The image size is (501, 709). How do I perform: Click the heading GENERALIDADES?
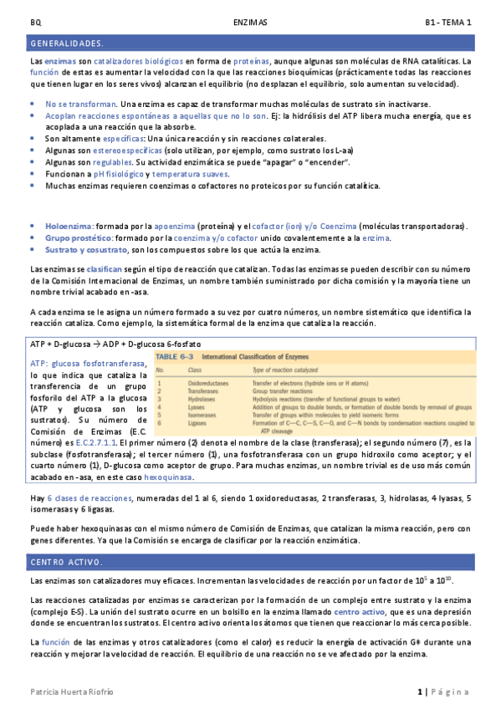coord(67,43)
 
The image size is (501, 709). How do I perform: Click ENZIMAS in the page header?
coord(250,23)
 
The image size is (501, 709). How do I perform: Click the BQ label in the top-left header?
coord(34,23)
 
